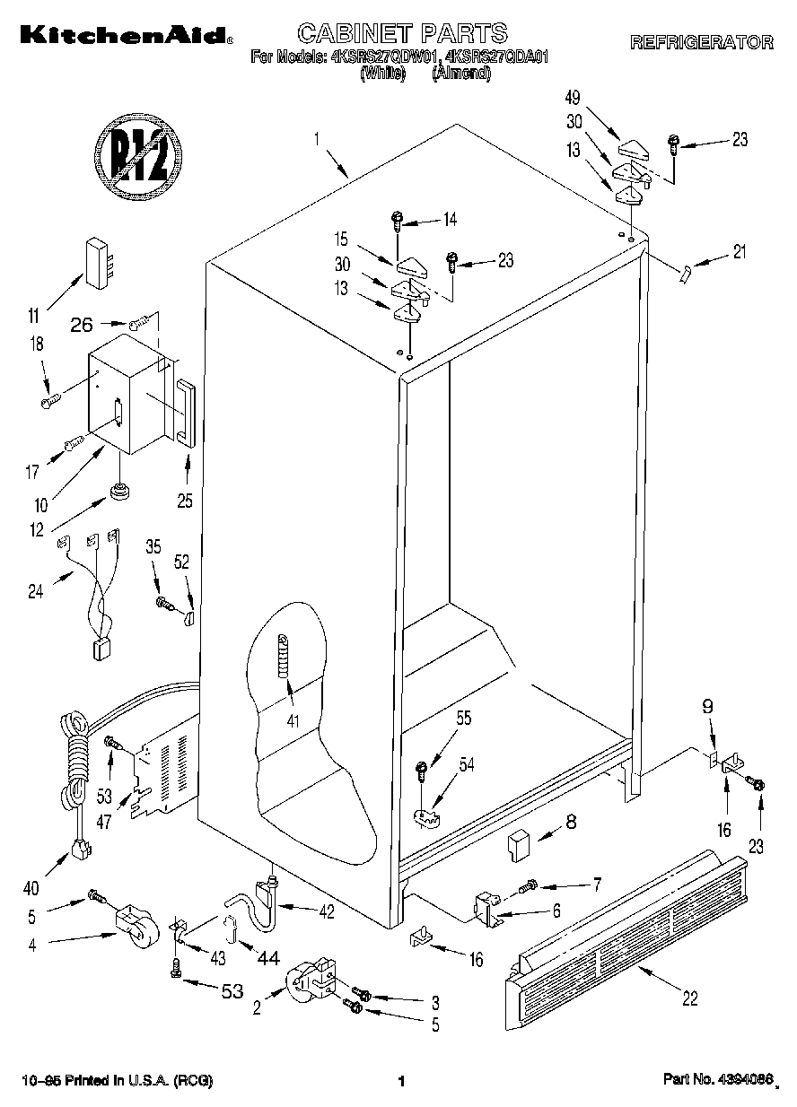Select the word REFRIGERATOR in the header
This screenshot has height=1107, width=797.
click(x=701, y=42)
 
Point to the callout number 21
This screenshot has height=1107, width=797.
click(x=739, y=252)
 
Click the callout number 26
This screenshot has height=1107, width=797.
click(x=82, y=326)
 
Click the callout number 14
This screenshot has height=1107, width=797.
click(x=450, y=218)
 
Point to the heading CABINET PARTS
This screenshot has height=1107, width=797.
click(x=402, y=34)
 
